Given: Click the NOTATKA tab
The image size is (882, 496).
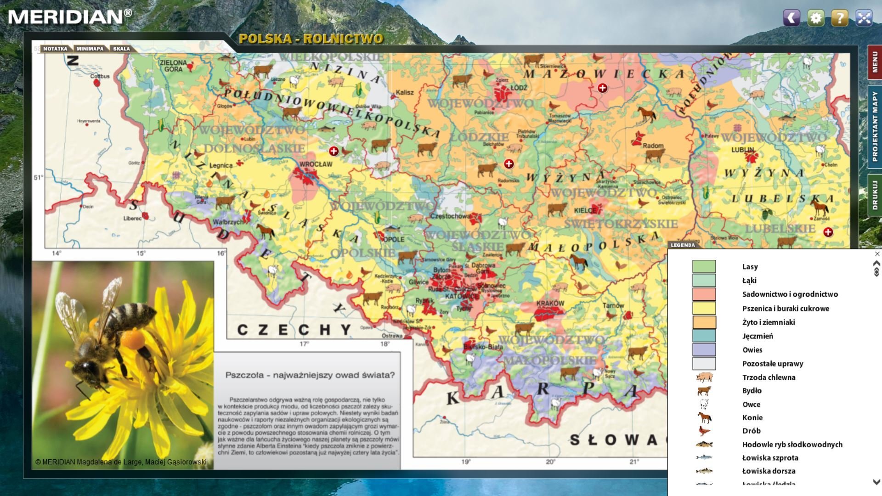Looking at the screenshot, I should click(x=55, y=49).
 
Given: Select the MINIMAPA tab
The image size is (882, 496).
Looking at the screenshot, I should click(x=90, y=49).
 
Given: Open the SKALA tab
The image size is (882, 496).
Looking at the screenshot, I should click(x=121, y=49).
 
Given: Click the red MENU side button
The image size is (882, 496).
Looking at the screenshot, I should click(x=874, y=62).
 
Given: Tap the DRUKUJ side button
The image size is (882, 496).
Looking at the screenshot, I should click(x=874, y=195).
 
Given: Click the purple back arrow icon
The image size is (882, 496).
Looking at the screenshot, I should click(x=792, y=18).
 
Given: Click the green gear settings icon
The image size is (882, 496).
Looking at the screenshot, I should click(x=816, y=18).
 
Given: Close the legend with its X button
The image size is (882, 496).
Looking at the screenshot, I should click(x=877, y=254).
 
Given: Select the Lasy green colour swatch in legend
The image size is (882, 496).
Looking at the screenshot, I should click(x=704, y=266).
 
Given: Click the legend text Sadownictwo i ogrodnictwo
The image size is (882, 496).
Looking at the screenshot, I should click(x=790, y=294).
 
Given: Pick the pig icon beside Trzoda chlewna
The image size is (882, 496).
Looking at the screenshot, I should click(x=704, y=377).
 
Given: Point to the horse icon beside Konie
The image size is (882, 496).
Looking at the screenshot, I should click(x=704, y=417).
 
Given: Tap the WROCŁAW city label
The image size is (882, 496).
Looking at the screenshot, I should click(x=316, y=164).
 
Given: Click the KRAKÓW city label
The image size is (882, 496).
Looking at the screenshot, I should click(x=550, y=304).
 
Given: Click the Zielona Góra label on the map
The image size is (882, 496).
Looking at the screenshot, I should click(x=173, y=66).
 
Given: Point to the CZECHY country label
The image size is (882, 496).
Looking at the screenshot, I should click(x=294, y=330).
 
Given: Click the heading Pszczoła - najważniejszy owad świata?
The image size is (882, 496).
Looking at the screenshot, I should click(x=310, y=375).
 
